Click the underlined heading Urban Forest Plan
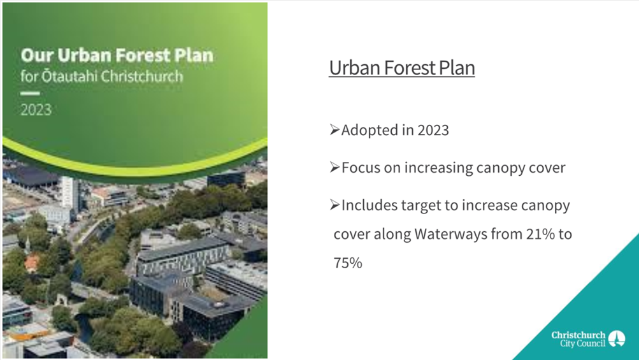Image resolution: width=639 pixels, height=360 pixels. [x=402, y=68]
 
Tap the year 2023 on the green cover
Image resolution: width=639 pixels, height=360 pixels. [x=36, y=110]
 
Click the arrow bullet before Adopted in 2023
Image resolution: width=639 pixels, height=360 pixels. [x=334, y=130]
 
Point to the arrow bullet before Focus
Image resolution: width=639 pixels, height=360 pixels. [x=334, y=168]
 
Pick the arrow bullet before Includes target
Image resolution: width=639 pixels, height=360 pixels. [x=334, y=205]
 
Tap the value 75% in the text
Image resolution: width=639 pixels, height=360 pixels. [x=348, y=263]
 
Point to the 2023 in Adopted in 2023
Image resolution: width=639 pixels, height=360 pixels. [x=433, y=130]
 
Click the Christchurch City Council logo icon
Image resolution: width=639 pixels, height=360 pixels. [x=617, y=339]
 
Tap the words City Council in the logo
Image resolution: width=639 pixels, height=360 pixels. [x=582, y=343]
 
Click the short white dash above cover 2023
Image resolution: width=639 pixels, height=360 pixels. [x=30, y=94]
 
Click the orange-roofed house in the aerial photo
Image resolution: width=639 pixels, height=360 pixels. [x=32, y=263]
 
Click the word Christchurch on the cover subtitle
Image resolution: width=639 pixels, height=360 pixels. [x=142, y=76]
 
